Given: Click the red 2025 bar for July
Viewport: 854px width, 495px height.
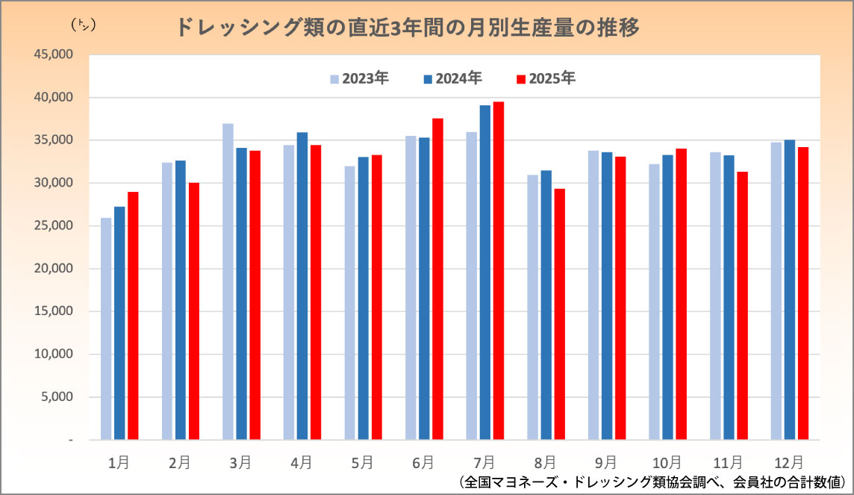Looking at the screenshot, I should pyautogui.click(x=499, y=271).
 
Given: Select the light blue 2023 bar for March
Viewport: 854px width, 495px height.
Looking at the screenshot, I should pyautogui.click(x=228, y=281).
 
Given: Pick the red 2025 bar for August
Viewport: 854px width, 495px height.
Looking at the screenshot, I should pyautogui.click(x=560, y=314).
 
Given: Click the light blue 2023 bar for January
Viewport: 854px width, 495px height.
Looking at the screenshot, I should pyautogui.click(x=106, y=329).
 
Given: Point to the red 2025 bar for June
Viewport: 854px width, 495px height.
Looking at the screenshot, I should pyautogui.click(x=437, y=279).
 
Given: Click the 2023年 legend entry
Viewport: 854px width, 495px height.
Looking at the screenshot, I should pyautogui.click(x=360, y=78).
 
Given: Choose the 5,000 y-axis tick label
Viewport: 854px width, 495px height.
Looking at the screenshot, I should pyautogui.click(x=56, y=397).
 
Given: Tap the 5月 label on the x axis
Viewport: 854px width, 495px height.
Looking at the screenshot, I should pyautogui.click(x=362, y=463).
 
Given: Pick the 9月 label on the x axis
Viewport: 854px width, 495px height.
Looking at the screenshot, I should pyautogui.click(x=607, y=463).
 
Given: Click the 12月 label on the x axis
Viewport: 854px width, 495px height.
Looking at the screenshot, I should pyautogui.click(x=790, y=463).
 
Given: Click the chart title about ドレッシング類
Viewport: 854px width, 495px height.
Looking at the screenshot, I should pyautogui.click(x=408, y=28).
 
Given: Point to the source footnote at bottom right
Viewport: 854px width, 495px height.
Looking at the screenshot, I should pyautogui.click(x=649, y=482).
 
